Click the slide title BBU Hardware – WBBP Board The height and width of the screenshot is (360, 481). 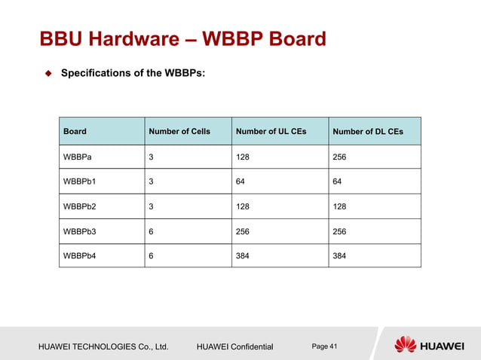click(182, 38)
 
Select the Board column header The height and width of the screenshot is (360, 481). click(75, 132)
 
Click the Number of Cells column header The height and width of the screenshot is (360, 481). click(179, 132)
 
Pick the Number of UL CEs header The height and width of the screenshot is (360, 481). click(271, 132)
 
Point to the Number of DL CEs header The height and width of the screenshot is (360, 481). click(368, 132)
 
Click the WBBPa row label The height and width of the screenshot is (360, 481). click(79, 157)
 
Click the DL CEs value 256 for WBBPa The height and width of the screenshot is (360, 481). click(340, 157)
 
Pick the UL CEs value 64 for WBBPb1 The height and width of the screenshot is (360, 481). click(241, 182)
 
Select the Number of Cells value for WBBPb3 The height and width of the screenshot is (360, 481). click(152, 231)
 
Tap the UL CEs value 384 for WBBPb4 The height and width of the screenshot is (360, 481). click(244, 255)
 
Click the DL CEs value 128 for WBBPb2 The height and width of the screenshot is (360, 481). click(340, 206)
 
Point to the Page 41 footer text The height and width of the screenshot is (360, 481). click(325, 346)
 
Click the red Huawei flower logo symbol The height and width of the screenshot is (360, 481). click(405, 345)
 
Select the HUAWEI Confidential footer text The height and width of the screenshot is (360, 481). click(234, 346)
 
